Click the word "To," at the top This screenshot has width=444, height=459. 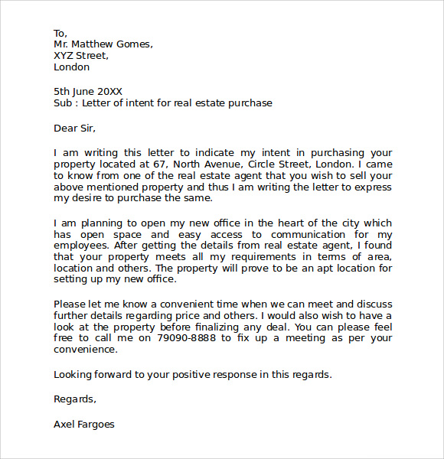pos(60,33)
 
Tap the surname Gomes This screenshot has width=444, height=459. pos(135,44)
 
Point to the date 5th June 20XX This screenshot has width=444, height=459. pos(88,91)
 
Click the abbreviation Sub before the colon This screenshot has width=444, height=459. pos(63,103)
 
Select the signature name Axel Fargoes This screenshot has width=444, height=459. pos(84,423)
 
